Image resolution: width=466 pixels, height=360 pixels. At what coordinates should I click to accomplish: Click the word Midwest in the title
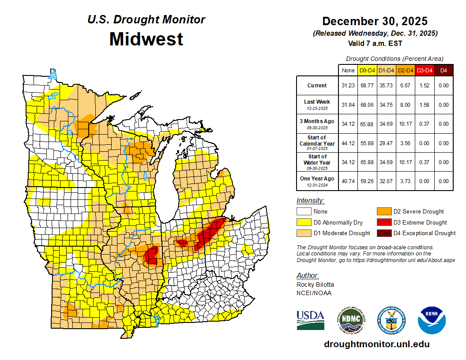click(x=146, y=39)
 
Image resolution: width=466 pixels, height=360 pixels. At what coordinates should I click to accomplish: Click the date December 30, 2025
click(x=375, y=21)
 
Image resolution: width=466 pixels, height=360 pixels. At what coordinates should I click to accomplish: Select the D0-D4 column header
click(x=367, y=70)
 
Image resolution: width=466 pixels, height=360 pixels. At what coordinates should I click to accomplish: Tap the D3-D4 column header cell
click(x=425, y=70)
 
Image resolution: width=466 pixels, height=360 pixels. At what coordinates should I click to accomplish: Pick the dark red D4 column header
click(x=443, y=70)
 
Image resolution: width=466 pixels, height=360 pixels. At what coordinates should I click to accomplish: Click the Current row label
click(x=317, y=86)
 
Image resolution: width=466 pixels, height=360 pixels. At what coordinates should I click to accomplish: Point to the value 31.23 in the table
click(x=348, y=86)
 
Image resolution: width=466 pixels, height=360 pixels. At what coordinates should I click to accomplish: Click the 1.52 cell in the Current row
click(x=425, y=86)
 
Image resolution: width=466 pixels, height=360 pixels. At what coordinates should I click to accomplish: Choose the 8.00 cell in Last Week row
click(x=406, y=105)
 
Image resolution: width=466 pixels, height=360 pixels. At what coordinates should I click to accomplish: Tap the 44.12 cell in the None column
click(x=348, y=143)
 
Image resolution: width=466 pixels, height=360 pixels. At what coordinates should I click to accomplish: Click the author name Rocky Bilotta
click(x=315, y=285)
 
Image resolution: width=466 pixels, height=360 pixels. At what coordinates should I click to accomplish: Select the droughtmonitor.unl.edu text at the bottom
click(x=376, y=344)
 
